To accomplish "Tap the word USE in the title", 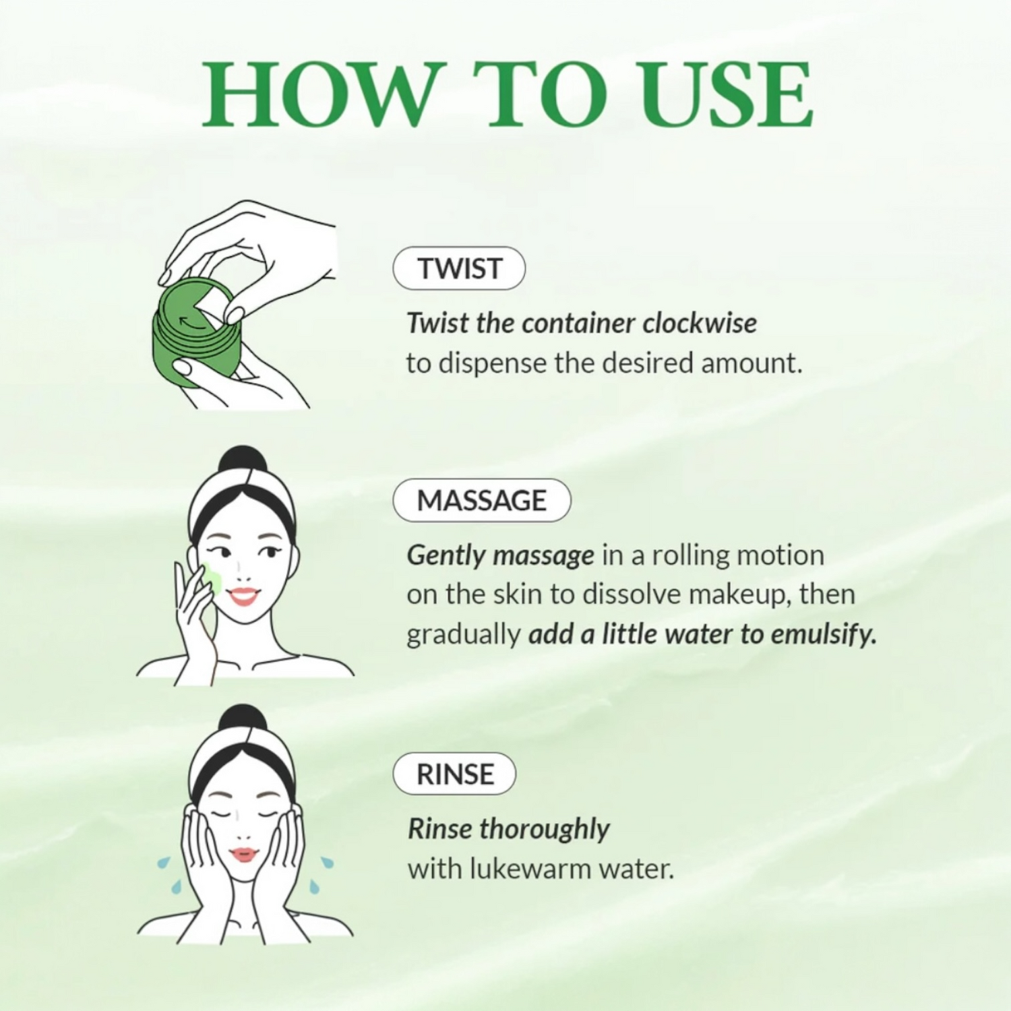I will pyautogui.click(x=727, y=95).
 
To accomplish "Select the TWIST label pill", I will pyautogui.click(x=459, y=268).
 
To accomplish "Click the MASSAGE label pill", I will pyautogui.click(x=481, y=500).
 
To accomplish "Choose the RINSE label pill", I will pyautogui.click(x=455, y=774).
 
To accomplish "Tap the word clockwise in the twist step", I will pyautogui.click(x=699, y=324).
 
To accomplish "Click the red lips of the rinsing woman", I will pyautogui.click(x=243, y=855).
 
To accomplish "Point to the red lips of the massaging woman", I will pyautogui.click(x=243, y=596).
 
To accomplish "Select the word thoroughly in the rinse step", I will pyautogui.click(x=545, y=829).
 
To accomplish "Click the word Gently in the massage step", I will pyautogui.click(x=446, y=556).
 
